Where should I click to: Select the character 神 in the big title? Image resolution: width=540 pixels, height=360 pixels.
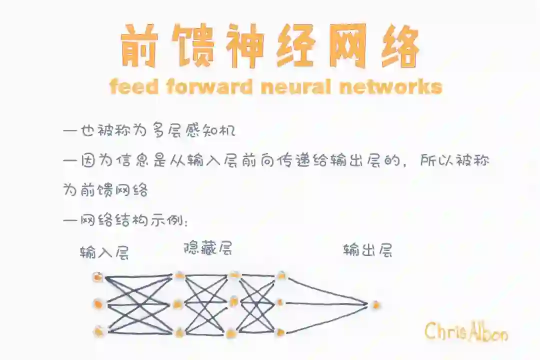pyautogui.click(x=243, y=46)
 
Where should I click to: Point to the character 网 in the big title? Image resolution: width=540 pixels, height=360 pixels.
pyautogui.click(x=346, y=46)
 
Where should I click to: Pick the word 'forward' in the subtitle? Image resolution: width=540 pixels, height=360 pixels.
pyautogui.click(x=209, y=87)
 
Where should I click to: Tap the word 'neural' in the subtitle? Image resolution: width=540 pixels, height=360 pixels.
pyautogui.click(x=296, y=87)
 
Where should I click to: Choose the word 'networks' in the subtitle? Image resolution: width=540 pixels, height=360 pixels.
pyautogui.click(x=390, y=87)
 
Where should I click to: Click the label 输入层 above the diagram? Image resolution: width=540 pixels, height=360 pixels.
pyautogui.click(x=104, y=252)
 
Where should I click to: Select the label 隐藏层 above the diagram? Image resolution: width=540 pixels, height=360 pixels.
pyautogui.click(x=208, y=247)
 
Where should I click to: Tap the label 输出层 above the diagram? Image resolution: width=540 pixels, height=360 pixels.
pyautogui.click(x=367, y=249)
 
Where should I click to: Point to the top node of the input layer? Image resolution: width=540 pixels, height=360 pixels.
pyautogui.click(x=98, y=277)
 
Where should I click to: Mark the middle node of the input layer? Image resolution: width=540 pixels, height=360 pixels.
pyautogui.click(x=98, y=304)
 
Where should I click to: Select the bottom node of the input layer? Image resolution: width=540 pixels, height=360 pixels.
pyautogui.click(x=99, y=331)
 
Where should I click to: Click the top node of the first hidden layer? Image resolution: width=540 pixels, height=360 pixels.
pyautogui.click(x=179, y=275)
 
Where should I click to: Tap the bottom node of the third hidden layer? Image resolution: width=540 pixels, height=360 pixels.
pyautogui.click(x=280, y=331)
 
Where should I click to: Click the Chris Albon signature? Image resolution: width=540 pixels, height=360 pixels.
pyautogui.click(x=466, y=331)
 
